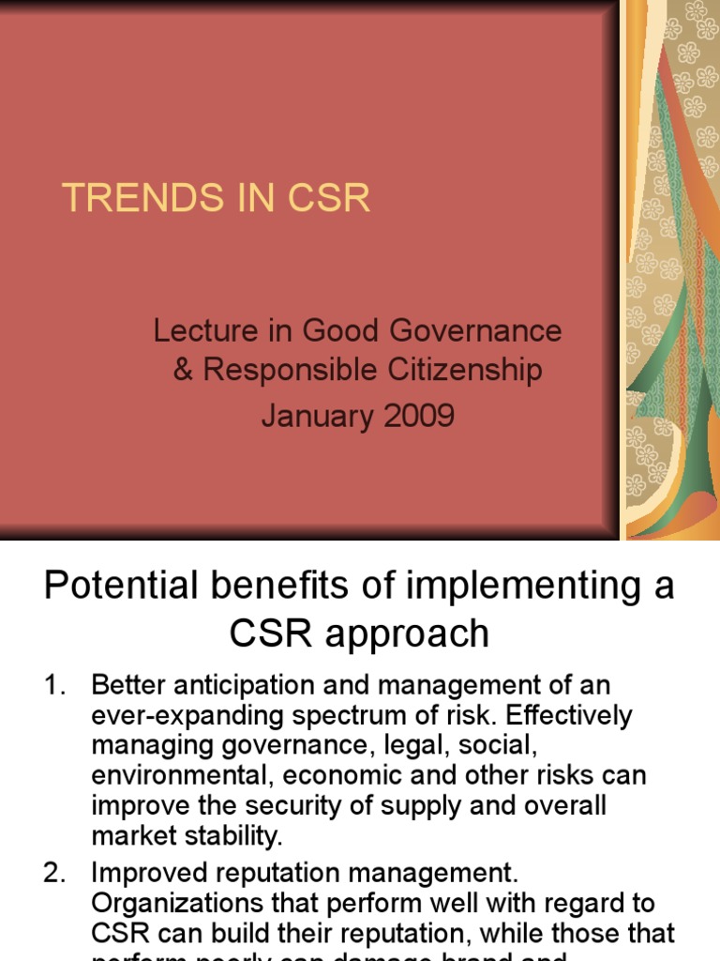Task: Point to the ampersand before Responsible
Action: (183, 370)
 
